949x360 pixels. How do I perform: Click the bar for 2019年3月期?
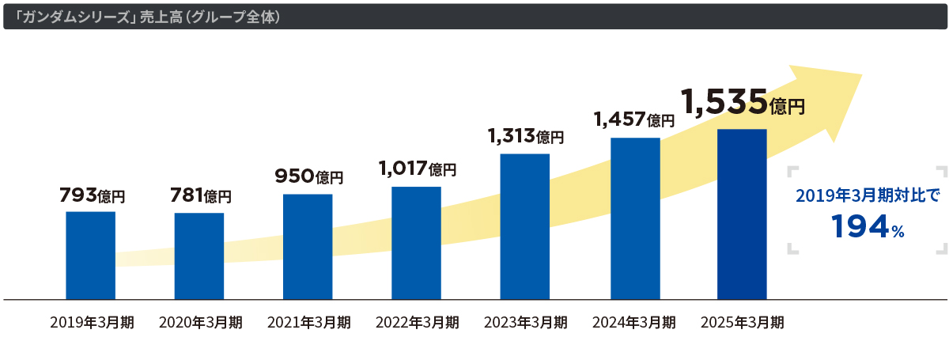tap(90, 256)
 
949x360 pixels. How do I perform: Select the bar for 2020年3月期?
tap(199, 256)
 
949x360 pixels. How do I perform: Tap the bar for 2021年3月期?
tap(308, 247)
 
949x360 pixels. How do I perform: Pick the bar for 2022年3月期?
tap(416, 243)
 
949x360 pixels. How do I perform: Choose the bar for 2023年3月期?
tap(525, 226)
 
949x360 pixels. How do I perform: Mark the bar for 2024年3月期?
tap(635, 218)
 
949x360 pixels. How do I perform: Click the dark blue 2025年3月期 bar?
tap(742, 214)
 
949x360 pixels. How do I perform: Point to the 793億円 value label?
tap(93, 195)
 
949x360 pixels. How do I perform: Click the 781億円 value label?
tap(201, 195)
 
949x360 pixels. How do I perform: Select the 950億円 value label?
tap(309, 177)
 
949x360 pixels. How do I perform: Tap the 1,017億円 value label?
tap(417, 168)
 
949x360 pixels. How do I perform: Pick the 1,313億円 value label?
tap(526, 136)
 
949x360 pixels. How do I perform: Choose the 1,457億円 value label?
tap(634, 119)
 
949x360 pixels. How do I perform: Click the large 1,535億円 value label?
tap(743, 102)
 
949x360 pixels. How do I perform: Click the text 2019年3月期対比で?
tap(868, 195)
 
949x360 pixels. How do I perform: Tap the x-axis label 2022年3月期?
tap(417, 322)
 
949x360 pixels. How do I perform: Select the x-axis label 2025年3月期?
tap(743, 322)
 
